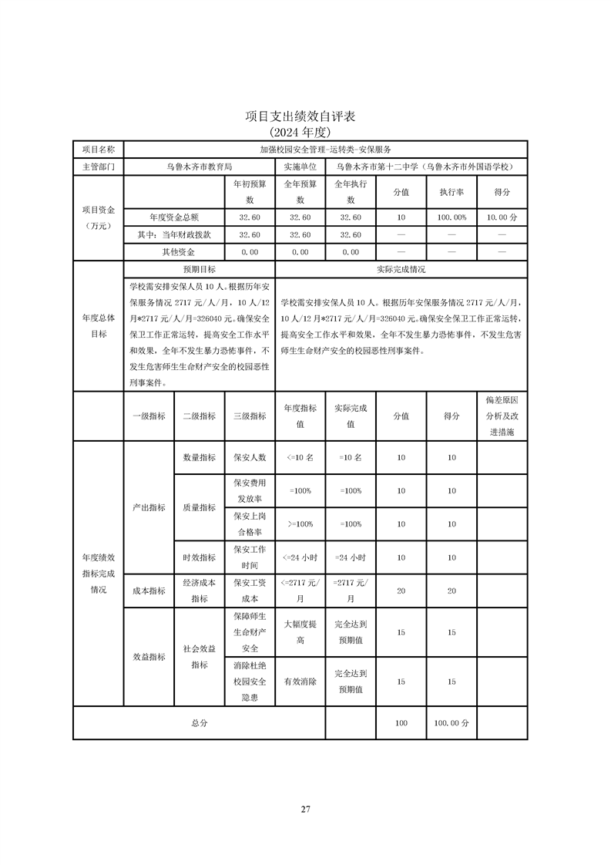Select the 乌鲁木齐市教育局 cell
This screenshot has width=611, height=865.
[199, 166]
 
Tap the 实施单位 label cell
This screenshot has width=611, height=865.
[300, 166]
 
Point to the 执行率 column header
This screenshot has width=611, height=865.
[452, 192]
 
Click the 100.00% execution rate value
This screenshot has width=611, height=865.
[452, 217]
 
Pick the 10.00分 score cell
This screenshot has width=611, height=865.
[502, 217]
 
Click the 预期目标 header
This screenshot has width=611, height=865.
[199, 270]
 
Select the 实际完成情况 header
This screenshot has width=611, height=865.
[401, 270]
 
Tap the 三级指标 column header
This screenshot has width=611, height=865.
[250, 416]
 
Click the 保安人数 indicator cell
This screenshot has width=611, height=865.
[250, 457]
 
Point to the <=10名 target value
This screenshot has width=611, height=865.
[300, 457]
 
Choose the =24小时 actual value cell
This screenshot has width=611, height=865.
[350, 557]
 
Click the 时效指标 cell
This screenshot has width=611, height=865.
[199, 557]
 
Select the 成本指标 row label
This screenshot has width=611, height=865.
[149, 591]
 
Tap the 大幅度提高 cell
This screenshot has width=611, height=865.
[300, 632]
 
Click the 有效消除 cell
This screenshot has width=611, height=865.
[300, 682]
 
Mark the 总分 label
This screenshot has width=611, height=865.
[199, 723]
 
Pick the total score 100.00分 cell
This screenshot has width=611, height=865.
[452, 723]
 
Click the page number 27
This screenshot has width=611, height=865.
[305, 809]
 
